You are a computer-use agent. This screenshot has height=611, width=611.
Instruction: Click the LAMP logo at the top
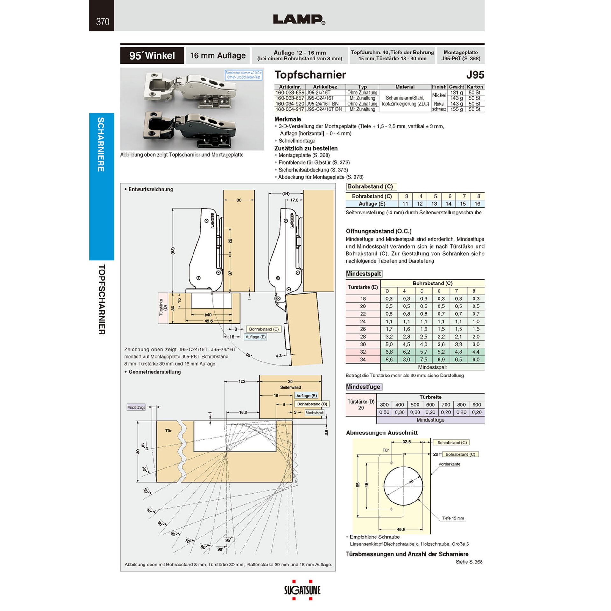pos(299,19)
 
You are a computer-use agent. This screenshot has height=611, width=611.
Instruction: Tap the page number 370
pos(102,22)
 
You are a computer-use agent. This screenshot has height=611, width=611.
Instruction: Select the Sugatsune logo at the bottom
pos(302,591)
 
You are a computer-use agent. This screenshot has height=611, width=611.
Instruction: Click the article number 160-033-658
pos(290,93)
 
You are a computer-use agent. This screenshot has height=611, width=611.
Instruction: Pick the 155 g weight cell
pos(456,109)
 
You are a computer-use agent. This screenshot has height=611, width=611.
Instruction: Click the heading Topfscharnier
pos(310,74)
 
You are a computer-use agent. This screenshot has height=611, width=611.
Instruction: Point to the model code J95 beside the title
pos(475,75)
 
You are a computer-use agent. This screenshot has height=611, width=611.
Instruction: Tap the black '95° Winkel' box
pos(152,55)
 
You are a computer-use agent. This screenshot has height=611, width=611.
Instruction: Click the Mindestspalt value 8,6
pos(389,359)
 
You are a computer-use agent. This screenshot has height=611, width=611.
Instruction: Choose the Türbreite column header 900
pos(476,404)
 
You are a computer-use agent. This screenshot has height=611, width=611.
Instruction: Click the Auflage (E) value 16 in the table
pos(477,204)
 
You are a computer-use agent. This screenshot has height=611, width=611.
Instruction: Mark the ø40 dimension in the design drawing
pos(208,315)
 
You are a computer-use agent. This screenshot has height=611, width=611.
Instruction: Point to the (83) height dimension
pos(173,251)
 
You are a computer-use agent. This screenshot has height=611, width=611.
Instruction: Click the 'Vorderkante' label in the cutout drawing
pos(449,464)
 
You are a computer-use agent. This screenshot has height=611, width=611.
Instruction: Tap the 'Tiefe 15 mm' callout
pos(453,518)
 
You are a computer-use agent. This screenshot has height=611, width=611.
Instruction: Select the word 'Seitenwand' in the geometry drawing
pos(290,387)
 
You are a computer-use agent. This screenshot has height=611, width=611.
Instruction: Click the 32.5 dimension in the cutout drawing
pos(406,442)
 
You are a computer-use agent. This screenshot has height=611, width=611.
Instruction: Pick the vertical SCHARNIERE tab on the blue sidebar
pos(101,144)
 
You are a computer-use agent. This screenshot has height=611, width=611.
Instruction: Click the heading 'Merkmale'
pos(288,119)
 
